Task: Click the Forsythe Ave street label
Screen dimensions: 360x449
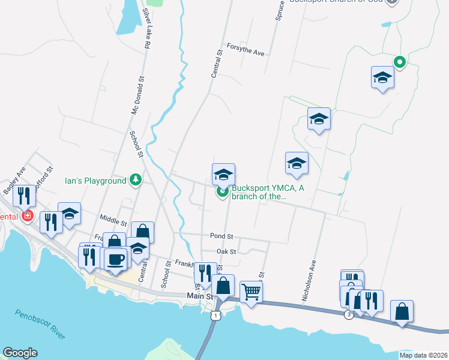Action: [246, 50]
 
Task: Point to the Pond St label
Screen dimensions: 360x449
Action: [221, 236]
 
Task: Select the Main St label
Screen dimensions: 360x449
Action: [200, 296]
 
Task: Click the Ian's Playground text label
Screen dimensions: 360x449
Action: [95, 180]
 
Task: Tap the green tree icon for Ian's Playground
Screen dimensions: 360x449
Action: [136, 180]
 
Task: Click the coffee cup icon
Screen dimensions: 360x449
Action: [116, 259]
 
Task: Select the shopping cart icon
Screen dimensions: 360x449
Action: [252, 292]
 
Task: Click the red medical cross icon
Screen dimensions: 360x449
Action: [26, 215]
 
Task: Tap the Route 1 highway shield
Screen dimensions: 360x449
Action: [216, 315]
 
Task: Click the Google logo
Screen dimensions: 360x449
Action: [20, 353]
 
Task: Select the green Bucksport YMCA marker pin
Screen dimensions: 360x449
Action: [223, 192]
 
